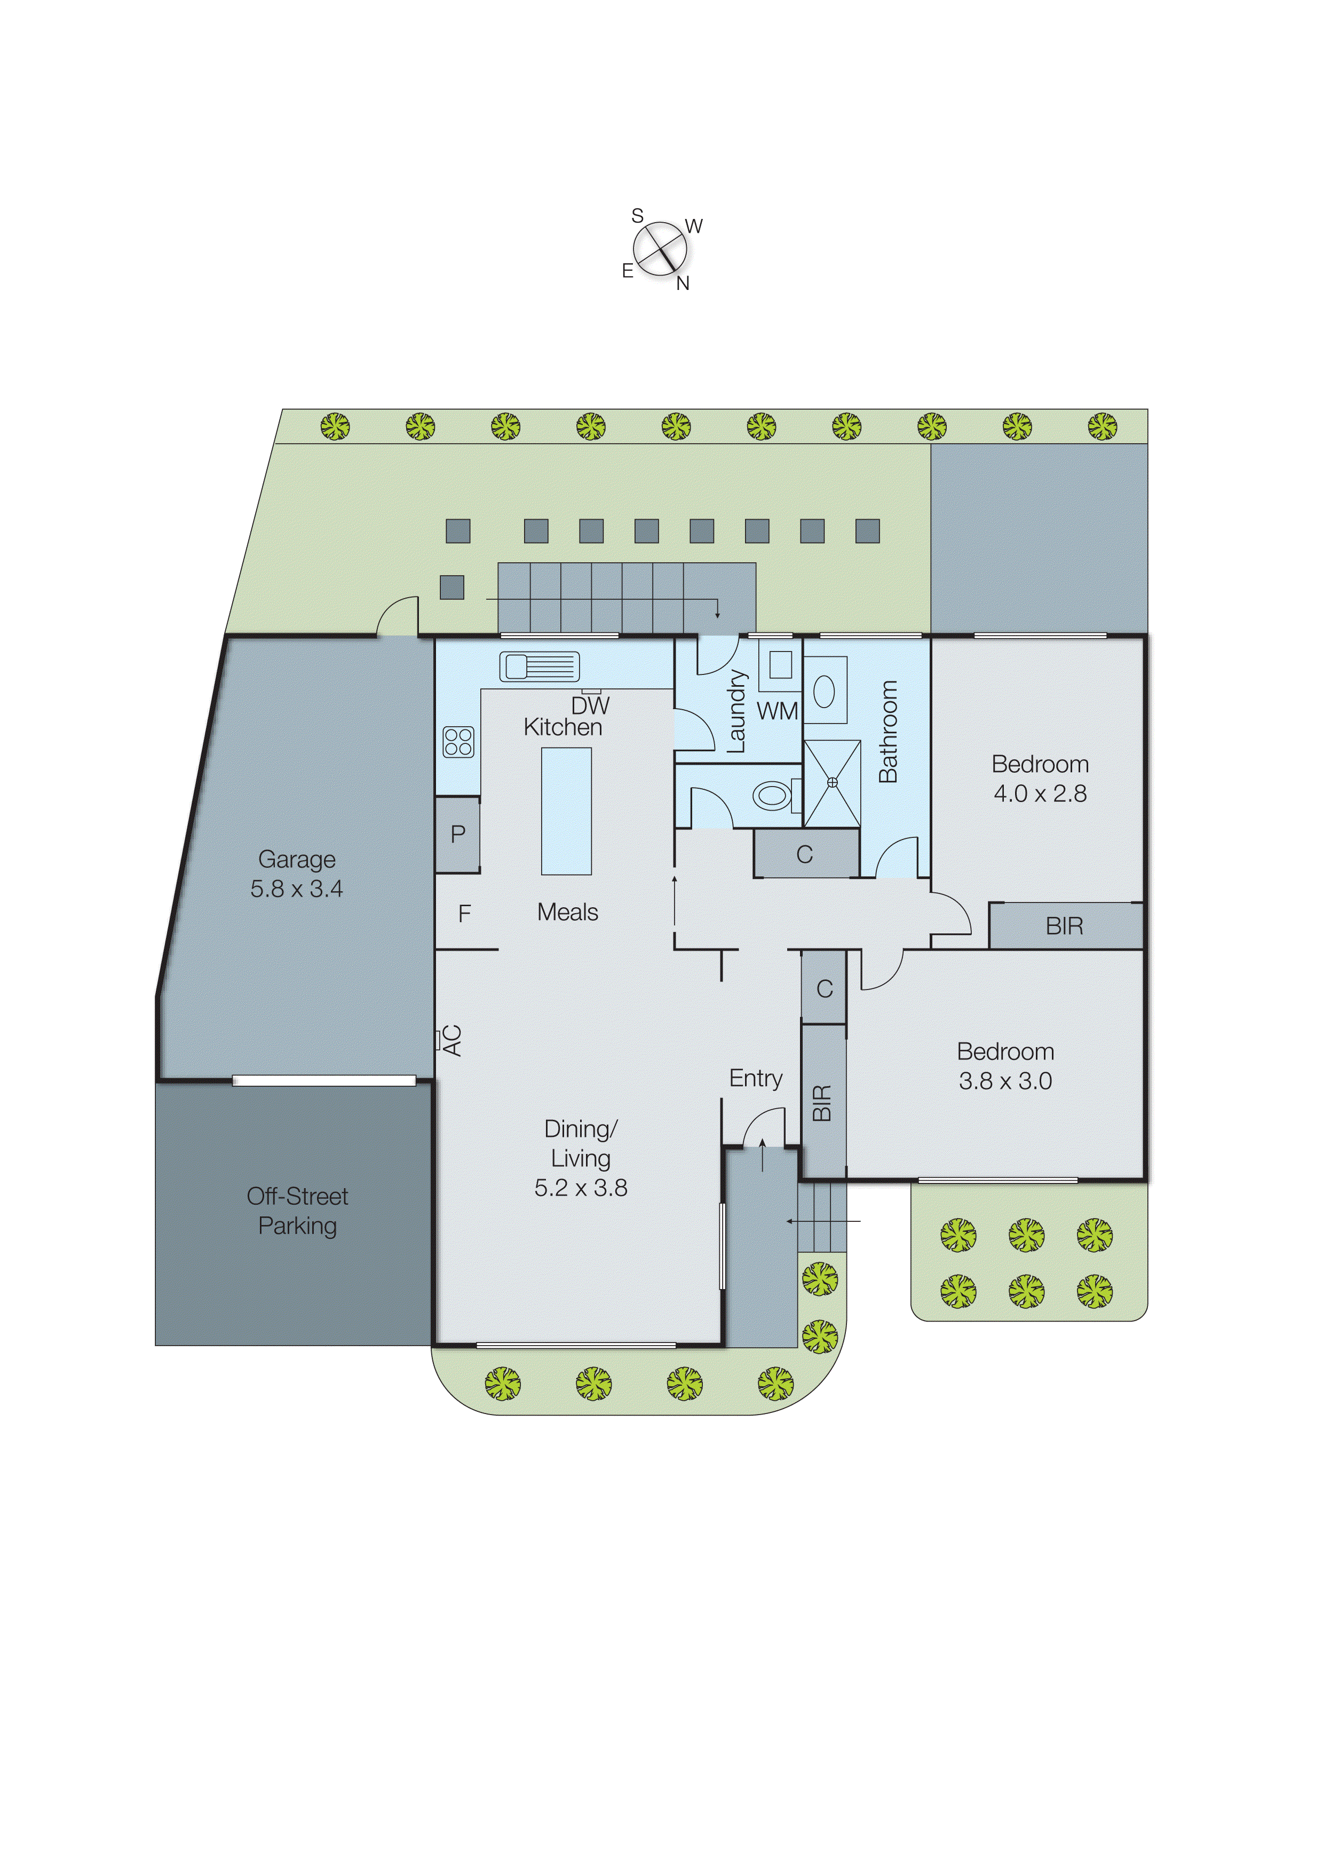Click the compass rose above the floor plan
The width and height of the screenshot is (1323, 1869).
point(659,249)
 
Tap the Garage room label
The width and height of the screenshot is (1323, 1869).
point(297,859)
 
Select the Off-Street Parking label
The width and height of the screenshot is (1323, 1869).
point(297,1211)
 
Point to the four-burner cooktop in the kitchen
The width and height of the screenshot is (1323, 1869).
point(458,742)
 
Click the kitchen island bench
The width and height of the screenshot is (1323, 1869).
point(566,811)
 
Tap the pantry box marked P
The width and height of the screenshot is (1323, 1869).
point(458,834)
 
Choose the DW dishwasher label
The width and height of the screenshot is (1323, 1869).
point(590,705)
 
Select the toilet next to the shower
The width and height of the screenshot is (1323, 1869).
point(771,795)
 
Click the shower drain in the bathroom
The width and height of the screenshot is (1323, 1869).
point(832,782)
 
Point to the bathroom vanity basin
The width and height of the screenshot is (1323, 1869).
point(825,691)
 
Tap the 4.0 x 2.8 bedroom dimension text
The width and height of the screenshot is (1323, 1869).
point(1040,793)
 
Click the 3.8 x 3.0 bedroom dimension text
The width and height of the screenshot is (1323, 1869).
point(1005,1081)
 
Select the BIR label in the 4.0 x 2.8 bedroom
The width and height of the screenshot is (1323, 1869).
point(1064,926)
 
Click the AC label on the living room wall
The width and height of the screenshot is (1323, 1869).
point(452,1040)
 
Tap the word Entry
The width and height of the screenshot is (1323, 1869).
point(755,1078)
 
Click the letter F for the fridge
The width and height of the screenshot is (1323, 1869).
point(464,914)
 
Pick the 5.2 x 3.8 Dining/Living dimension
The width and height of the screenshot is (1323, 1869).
point(581,1188)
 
